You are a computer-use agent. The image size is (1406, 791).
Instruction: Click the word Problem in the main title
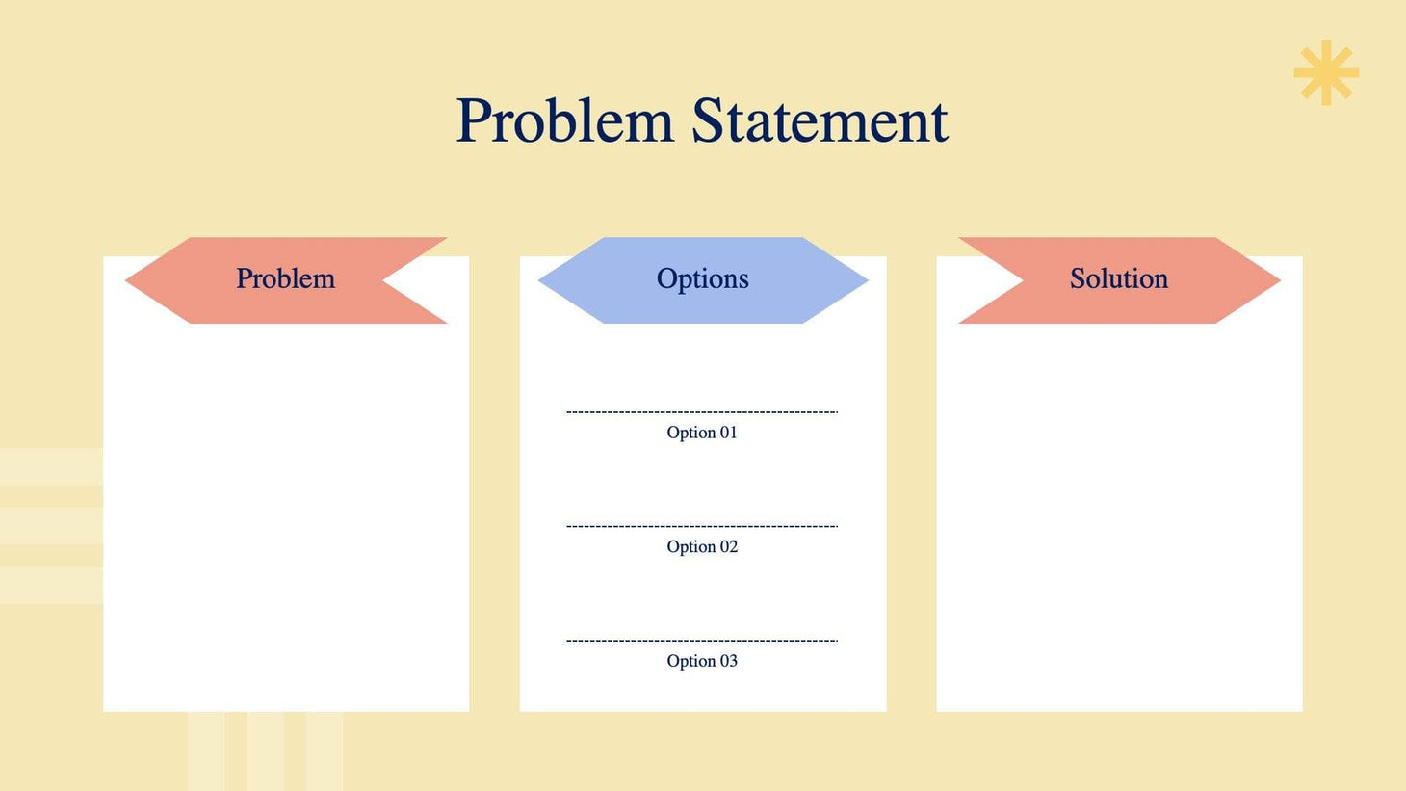(x=564, y=121)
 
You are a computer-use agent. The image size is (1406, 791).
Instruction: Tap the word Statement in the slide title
(x=820, y=121)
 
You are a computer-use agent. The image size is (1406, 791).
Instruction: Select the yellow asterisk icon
(x=1326, y=72)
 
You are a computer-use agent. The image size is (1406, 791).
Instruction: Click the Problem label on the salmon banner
(x=285, y=279)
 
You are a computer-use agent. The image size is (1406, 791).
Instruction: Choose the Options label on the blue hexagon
(x=702, y=279)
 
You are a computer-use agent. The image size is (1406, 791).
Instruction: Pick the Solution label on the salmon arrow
(x=1118, y=279)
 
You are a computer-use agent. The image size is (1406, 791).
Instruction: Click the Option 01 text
(x=702, y=433)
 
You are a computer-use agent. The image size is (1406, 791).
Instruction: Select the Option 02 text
(x=702, y=547)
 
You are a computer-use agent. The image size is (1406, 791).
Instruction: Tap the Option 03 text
(x=702, y=661)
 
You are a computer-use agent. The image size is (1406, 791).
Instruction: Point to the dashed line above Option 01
(x=702, y=412)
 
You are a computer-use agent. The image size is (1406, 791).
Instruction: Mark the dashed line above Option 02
(x=702, y=527)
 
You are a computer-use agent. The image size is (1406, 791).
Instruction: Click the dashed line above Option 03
(x=702, y=641)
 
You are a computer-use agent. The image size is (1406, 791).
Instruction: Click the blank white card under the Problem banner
(x=286, y=520)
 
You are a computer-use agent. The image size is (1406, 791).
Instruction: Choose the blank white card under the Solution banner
(x=1119, y=520)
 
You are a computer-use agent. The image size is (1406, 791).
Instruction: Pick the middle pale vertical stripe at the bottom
(x=265, y=751)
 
